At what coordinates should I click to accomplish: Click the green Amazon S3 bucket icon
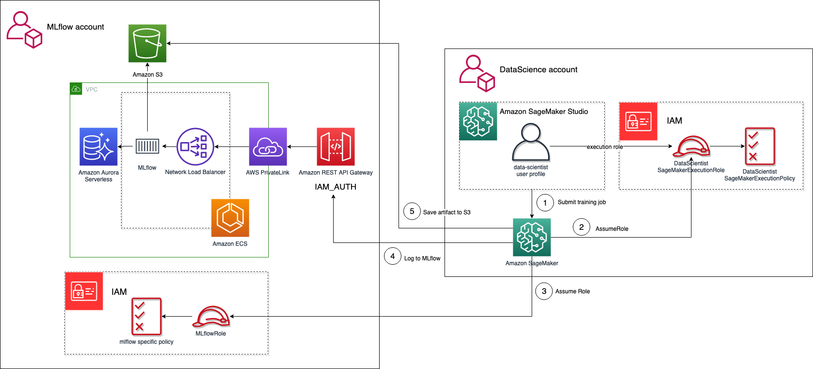pyautogui.click(x=147, y=44)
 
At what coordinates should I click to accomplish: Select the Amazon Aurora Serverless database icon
pyautogui.click(x=98, y=146)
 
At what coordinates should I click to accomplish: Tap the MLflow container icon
pyautogui.click(x=147, y=146)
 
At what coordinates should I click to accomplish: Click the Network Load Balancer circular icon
pyautogui.click(x=195, y=146)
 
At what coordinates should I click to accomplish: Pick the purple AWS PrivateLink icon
pyautogui.click(x=268, y=146)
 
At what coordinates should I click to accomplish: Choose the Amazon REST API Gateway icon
pyautogui.click(x=336, y=146)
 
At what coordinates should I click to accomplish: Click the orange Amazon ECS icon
pyautogui.click(x=230, y=218)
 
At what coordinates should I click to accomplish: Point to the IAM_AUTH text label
pyautogui.click(x=336, y=187)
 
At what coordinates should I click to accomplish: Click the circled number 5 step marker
pyautogui.click(x=412, y=211)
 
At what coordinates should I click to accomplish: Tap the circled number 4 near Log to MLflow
pyautogui.click(x=393, y=256)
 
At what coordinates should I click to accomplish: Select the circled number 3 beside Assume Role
pyautogui.click(x=544, y=291)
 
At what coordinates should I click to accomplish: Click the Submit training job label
pyautogui.click(x=582, y=202)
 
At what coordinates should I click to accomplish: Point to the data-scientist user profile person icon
pyautogui.click(x=531, y=142)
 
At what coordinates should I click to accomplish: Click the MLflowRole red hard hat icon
pyautogui.click(x=211, y=317)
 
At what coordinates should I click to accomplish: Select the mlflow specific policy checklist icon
pyautogui.click(x=147, y=317)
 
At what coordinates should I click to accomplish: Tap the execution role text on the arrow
pyautogui.click(x=605, y=147)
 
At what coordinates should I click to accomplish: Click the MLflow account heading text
pyautogui.click(x=76, y=27)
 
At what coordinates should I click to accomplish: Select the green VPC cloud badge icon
pyautogui.click(x=76, y=89)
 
